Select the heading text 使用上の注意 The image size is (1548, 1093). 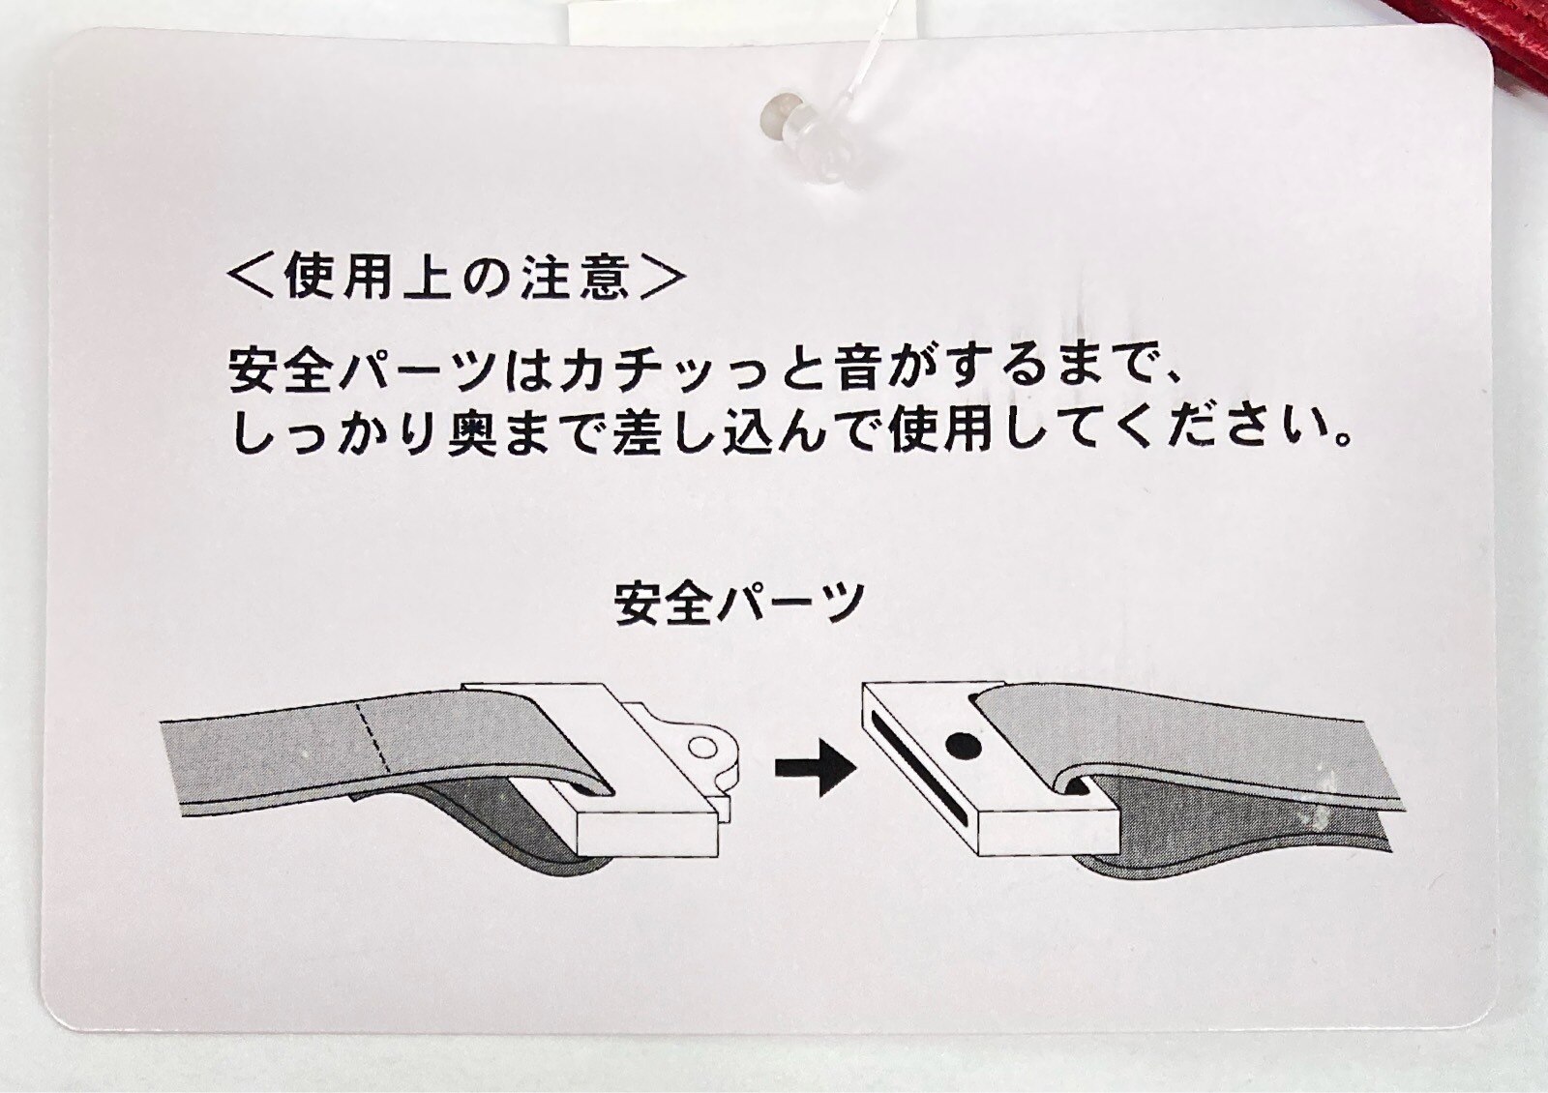pos(457,278)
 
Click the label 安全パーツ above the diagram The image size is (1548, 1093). pos(739,603)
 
